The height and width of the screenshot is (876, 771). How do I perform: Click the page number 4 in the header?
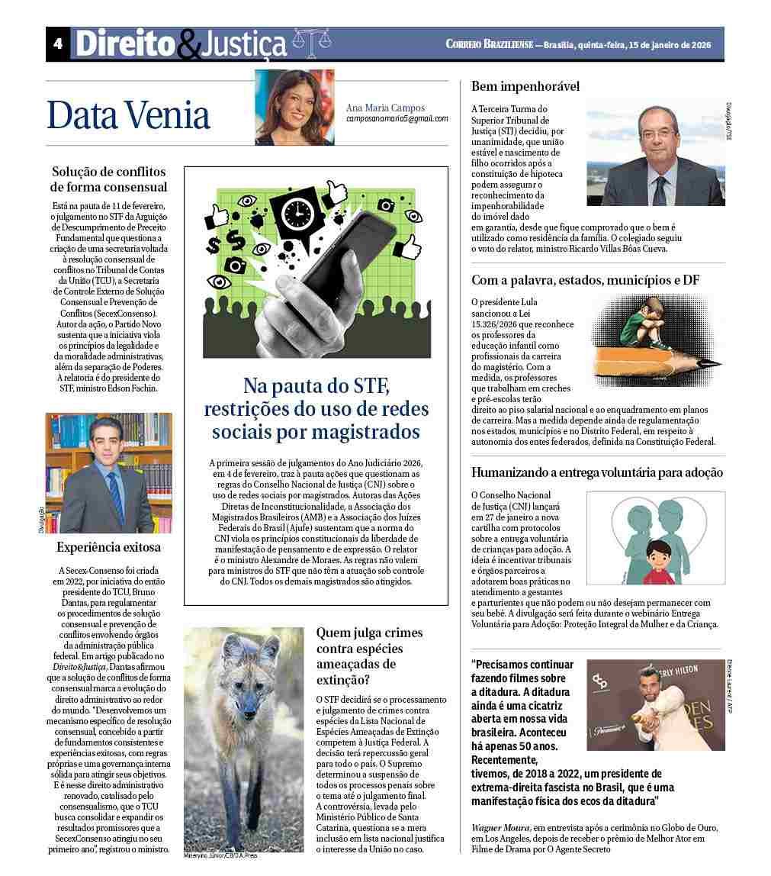(57, 44)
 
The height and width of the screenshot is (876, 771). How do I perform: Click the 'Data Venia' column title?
(128, 115)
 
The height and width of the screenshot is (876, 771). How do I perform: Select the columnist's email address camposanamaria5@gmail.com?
(397, 119)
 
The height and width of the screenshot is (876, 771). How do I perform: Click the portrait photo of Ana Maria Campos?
(294, 108)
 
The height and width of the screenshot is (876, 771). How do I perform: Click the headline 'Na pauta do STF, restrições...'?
(316, 408)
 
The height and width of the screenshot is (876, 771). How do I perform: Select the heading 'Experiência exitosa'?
(109, 547)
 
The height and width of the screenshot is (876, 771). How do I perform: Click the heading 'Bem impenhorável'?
(525, 86)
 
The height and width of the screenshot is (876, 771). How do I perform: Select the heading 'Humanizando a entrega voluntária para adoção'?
(597, 472)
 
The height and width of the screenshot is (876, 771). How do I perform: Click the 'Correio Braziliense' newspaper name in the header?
(489, 44)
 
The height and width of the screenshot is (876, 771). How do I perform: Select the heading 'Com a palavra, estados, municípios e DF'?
(585, 280)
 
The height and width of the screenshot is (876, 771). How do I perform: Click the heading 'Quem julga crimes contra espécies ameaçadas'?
(370, 656)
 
